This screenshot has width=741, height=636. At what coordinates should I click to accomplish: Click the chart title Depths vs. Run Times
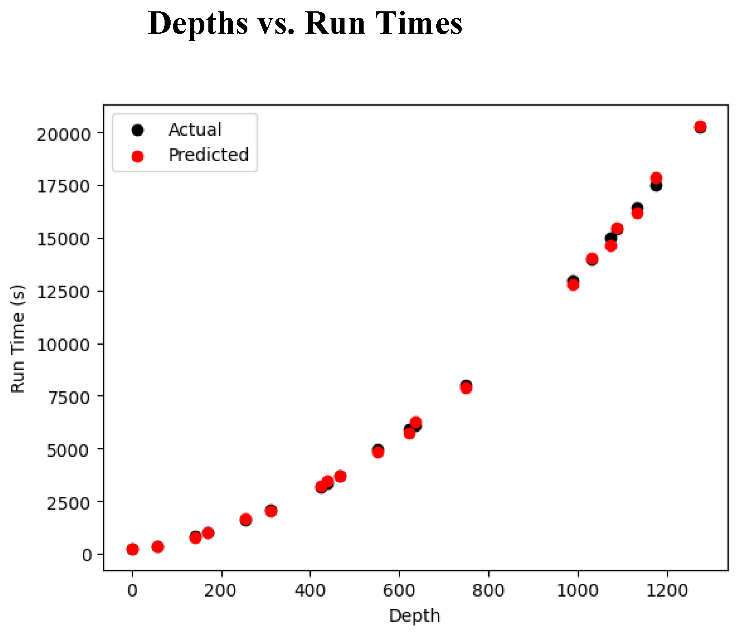pyautogui.click(x=305, y=24)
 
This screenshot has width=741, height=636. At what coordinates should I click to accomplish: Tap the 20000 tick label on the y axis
pyautogui.click(x=63, y=134)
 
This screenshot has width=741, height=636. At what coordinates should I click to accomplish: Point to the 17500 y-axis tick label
pyautogui.click(x=63, y=187)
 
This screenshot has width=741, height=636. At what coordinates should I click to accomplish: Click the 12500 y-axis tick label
pyautogui.click(x=63, y=292)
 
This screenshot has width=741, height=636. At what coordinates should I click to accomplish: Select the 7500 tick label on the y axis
pyautogui.click(x=68, y=397)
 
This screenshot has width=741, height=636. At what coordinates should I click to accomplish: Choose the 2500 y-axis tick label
pyautogui.click(x=68, y=503)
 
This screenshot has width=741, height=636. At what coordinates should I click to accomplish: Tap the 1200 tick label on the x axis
pyautogui.click(x=667, y=590)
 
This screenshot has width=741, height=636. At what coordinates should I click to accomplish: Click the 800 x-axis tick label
pyautogui.click(x=488, y=590)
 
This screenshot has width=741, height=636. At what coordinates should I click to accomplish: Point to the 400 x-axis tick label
pyautogui.click(x=310, y=590)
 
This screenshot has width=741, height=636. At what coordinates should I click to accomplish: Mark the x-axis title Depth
pyautogui.click(x=414, y=616)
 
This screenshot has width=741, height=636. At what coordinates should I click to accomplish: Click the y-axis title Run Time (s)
pyautogui.click(x=18, y=339)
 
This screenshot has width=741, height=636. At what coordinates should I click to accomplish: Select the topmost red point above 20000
pyautogui.click(x=700, y=126)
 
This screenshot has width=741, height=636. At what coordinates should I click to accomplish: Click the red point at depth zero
pyautogui.click(x=132, y=549)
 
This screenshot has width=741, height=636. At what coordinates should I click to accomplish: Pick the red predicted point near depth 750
pyautogui.click(x=466, y=388)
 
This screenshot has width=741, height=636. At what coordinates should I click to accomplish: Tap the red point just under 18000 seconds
pyautogui.click(x=656, y=178)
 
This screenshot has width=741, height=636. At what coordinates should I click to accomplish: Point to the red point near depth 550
pyautogui.click(x=378, y=451)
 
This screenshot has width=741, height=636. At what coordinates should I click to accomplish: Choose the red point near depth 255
pyautogui.click(x=246, y=519)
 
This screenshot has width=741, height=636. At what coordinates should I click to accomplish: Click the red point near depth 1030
pyautogui.click(x=592, y=258)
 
